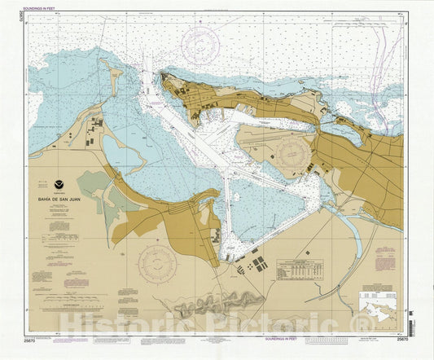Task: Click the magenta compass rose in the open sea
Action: click(x=200, y=46)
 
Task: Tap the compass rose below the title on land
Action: click(x=157, y=264)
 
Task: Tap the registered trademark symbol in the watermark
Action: click(x=364, y=325)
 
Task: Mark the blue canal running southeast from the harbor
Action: click(x=351, y=229)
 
